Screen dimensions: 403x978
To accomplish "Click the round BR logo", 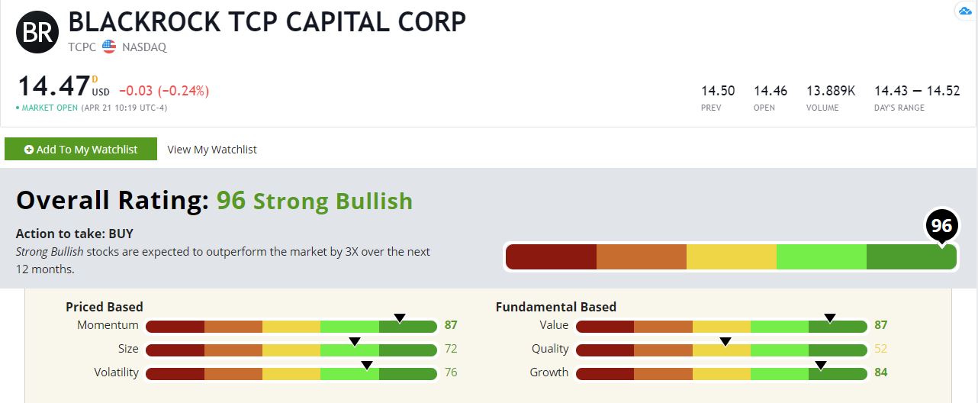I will click(x=37, y=31).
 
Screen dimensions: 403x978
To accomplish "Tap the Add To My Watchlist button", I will click(x=81, y=150).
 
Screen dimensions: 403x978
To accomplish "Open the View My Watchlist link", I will click(x=212, y=150).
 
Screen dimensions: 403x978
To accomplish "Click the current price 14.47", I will click(x=53, y=86).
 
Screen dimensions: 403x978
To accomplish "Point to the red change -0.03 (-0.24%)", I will click(x=163, y=91).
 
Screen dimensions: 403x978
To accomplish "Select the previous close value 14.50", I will click(x=718, y=91).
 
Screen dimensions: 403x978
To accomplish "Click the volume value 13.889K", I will click(x=831, y=91).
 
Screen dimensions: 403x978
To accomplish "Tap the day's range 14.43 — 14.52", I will click(x=916, y=91).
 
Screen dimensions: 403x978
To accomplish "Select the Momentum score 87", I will click(x=451, y=325).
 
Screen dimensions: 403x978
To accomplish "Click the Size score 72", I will click(x=451, y=349).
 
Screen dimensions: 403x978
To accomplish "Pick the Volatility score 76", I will click(x=451, y=372).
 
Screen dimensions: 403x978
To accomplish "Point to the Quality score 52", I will click(x=881, y=349).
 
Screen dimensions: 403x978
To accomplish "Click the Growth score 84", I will click(x=881, y=372).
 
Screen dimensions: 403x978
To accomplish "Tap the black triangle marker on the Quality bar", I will click(x=725, y=341).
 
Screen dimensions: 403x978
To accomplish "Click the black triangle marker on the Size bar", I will click(x=354, y=341).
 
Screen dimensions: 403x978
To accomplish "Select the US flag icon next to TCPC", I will click(x=109, y=47).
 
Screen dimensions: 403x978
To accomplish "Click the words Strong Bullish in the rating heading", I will click(x=333, y=201).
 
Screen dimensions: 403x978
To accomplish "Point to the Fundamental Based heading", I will click(x=555, y=307).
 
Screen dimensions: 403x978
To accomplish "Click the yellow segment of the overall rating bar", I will click(x=731, y=257).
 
